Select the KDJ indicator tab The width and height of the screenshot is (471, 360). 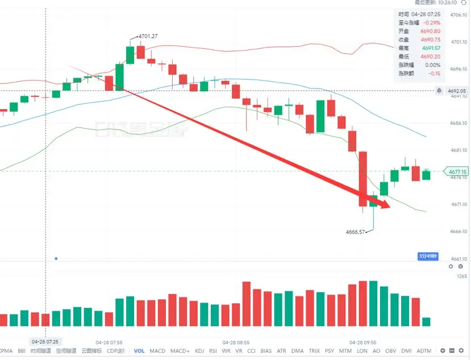point(199,351)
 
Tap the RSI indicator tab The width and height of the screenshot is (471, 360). point(213,351)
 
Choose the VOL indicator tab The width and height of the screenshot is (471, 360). point(139,351)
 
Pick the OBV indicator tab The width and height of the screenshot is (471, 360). point(390,351)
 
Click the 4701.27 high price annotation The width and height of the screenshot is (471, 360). point(147,36)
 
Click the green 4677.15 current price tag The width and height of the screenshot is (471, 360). point(457,171)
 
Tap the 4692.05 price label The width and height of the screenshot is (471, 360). point(457,91)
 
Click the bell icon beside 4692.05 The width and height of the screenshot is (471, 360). point(439,91)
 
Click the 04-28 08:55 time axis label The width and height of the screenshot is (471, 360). point(236,342)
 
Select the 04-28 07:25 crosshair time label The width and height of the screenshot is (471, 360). point(45,341)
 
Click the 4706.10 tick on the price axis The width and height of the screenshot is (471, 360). point(458,15)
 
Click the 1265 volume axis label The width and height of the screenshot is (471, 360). point(461,276)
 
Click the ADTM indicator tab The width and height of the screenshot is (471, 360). point(424,351)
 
